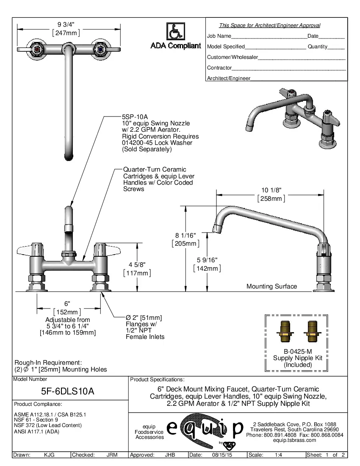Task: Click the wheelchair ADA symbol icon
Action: [x=175, y=31]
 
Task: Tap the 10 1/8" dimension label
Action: [x=271, y=190]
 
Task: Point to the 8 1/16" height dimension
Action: [x=186, y=235]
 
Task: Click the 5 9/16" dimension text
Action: [x=207, y=260]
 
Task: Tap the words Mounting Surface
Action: [x=271, y=286]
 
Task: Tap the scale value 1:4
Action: [x=279, y=455]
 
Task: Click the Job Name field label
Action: [x=219, y=36]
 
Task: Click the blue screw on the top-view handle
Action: [x=100, y=50]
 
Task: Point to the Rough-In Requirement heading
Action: [x=48, y=363]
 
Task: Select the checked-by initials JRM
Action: [x=112, y=455]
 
